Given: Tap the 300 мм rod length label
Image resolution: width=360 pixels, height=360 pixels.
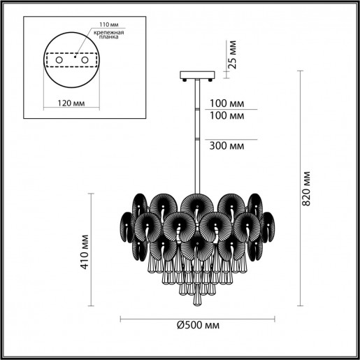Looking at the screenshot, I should [x=226, y=145].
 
